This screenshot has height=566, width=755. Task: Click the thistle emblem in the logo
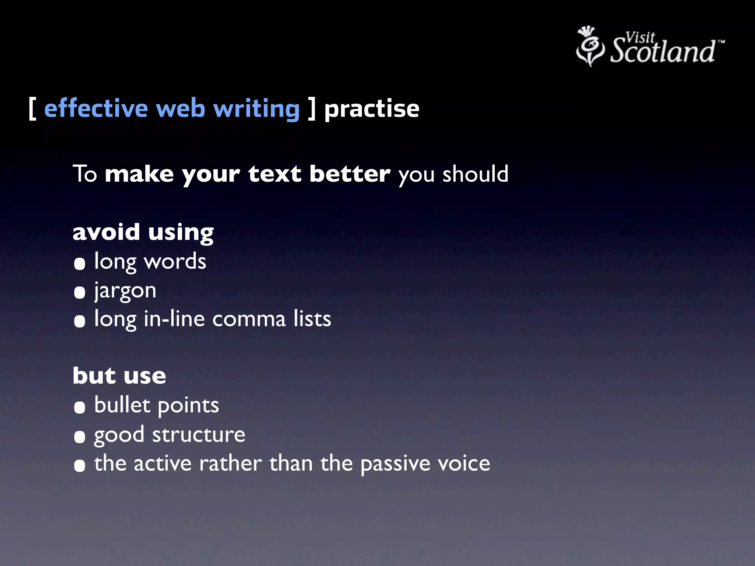[x=590, y=46]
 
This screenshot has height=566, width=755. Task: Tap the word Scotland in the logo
[x=662, y=51]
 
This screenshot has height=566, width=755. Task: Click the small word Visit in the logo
[x=640, y=37]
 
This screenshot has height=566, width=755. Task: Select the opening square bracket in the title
[x=32, y=109]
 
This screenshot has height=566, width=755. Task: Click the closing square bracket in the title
[x=312, y=109]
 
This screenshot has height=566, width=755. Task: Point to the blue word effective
[x=96, y=109]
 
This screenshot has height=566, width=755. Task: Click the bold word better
[x=349, y=174]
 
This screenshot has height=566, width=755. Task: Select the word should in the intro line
[x=475, y=174]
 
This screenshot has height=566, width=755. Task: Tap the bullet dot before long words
[x=80, y=264]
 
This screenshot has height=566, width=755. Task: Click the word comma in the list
[x=249, y=319]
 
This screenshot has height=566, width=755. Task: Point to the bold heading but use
[x=119, y=376]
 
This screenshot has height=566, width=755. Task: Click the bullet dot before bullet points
[x=80, y=408]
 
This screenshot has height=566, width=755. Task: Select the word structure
[x=199, y=435]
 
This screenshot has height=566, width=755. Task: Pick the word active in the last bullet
[x=163, y=463]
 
